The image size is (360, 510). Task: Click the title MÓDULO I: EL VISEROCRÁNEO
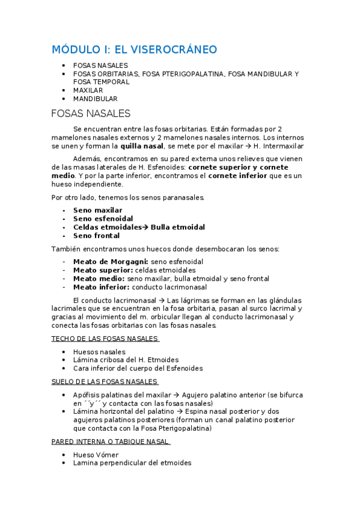click(134, 49)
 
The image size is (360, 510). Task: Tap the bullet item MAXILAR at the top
click(88, 90)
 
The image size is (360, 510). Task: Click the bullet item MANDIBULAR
click(95, 99)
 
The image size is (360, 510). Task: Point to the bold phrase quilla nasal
click(142, 146)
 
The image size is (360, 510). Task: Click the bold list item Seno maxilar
click(97, 210)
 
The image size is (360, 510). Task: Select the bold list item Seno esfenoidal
click(103, 219)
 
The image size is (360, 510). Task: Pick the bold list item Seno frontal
click(96, 236)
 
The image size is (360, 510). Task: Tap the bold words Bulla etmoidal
click(178, 227)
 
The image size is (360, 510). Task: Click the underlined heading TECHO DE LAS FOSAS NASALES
click(105, 339)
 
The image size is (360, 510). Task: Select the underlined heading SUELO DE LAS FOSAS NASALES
click(104, 381)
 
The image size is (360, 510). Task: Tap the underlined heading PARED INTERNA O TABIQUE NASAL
click(111, 441)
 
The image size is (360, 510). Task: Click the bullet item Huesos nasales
click(99, 352)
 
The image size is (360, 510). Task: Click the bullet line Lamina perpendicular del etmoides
click(132, 463)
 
